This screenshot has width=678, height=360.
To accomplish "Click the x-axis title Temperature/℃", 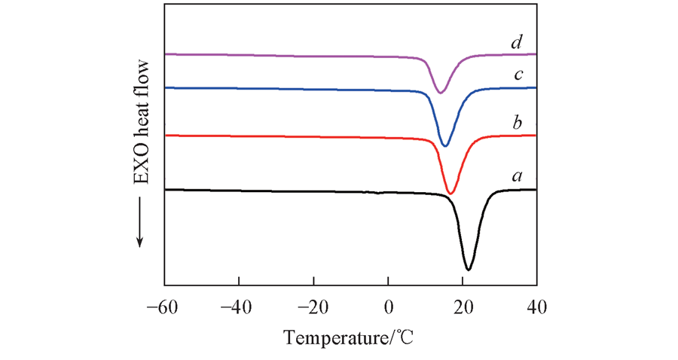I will (350, 338).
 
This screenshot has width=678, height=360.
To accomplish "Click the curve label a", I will (517, 176).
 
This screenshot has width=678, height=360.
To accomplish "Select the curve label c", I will (517, 75).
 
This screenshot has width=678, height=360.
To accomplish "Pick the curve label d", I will (517, 41).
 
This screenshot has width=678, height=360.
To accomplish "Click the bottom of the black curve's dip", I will (469, 269).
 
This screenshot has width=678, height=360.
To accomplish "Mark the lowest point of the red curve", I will (450, 194).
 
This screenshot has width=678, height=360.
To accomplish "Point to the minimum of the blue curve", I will (445, 146).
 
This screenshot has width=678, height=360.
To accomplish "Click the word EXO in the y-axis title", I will (140, 168).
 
